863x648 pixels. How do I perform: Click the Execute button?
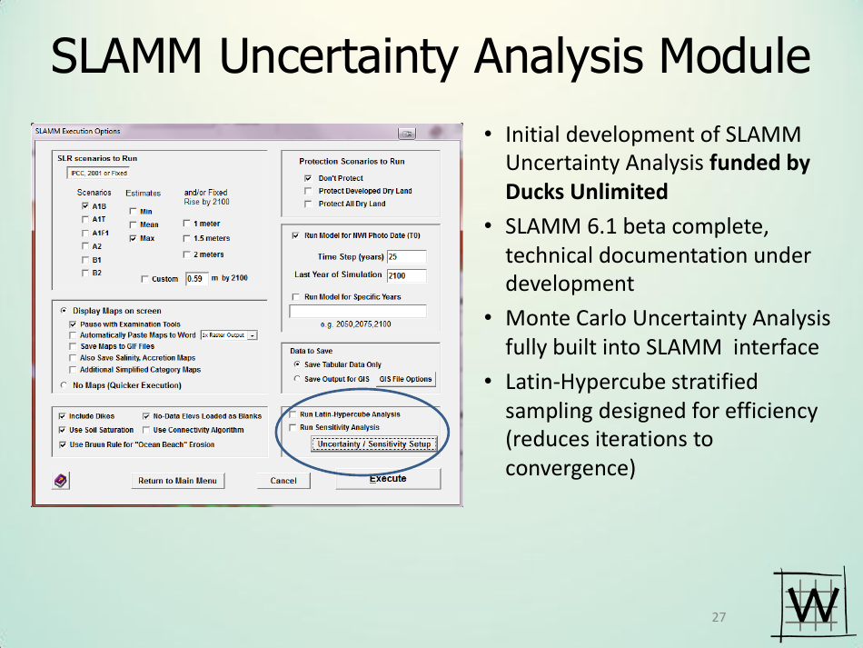pyautogui.click(x=388, y=478)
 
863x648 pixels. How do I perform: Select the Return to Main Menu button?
pyautogui.click(x=178, y=481)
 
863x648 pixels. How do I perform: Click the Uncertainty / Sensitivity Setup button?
pyautogui.click(x=374, y=444)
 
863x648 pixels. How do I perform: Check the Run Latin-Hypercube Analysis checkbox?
pyautogui.click(x=293, y=414)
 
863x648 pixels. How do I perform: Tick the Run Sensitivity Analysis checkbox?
pyautogui.click(x=293, y=427)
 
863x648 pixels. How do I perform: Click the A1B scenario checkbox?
pyautogui.click(x=85, y=206)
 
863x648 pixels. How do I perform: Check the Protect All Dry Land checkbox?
pyautogui.click(x=308, y=204)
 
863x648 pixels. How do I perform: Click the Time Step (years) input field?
pyautogui.click(x=407, y=256)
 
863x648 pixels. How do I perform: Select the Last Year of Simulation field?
pyautogui.click(x=407, y=275)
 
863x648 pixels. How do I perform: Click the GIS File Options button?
pyautogui.click(x=406, y=379)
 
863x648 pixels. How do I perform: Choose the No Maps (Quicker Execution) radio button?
pyautogui.click(x=64, y=384)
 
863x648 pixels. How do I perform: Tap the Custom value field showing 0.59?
pyautogui.click(x=197, y=279)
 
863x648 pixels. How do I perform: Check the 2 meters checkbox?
pyautogui.click(x=186, y=254)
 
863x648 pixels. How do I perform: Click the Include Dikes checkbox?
pyautogui.click(x=62, y=416)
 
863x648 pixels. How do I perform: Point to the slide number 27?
pyautogui.click(x=719, y=617)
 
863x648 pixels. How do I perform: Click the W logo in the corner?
pyautogui.click(x=810, y=604)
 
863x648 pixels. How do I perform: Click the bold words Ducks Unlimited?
pyautogui.click(x=587, y=192)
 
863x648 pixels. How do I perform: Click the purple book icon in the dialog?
pyautogui.click(x=61, y=481)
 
